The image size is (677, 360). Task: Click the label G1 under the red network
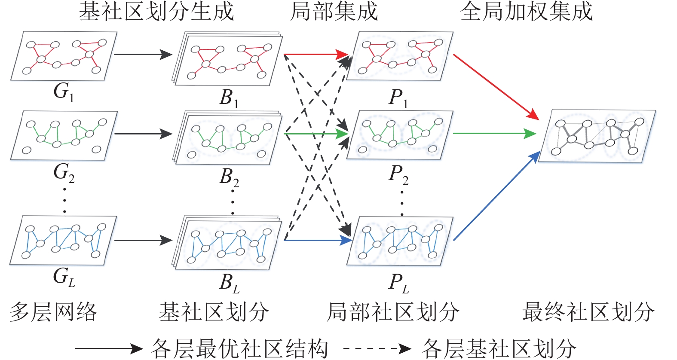(63, 92)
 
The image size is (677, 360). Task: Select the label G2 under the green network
(64, 173)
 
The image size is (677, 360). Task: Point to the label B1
(229, 98)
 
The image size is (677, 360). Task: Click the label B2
(229, 177)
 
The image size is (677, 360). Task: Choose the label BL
(229, 283)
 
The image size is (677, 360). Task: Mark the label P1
(398, 98)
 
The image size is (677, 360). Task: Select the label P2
(398, 174)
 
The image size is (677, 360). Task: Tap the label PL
(398, 283)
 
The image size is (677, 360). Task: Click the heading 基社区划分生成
(156, 12)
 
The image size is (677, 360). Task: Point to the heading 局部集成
(334, 12)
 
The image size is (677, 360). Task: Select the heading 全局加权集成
(527, 12)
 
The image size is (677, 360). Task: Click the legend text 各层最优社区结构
(240, 348)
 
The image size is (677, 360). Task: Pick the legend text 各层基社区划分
(499, 348)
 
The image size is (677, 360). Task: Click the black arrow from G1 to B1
(143, 55)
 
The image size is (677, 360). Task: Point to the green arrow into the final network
(494, 134)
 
